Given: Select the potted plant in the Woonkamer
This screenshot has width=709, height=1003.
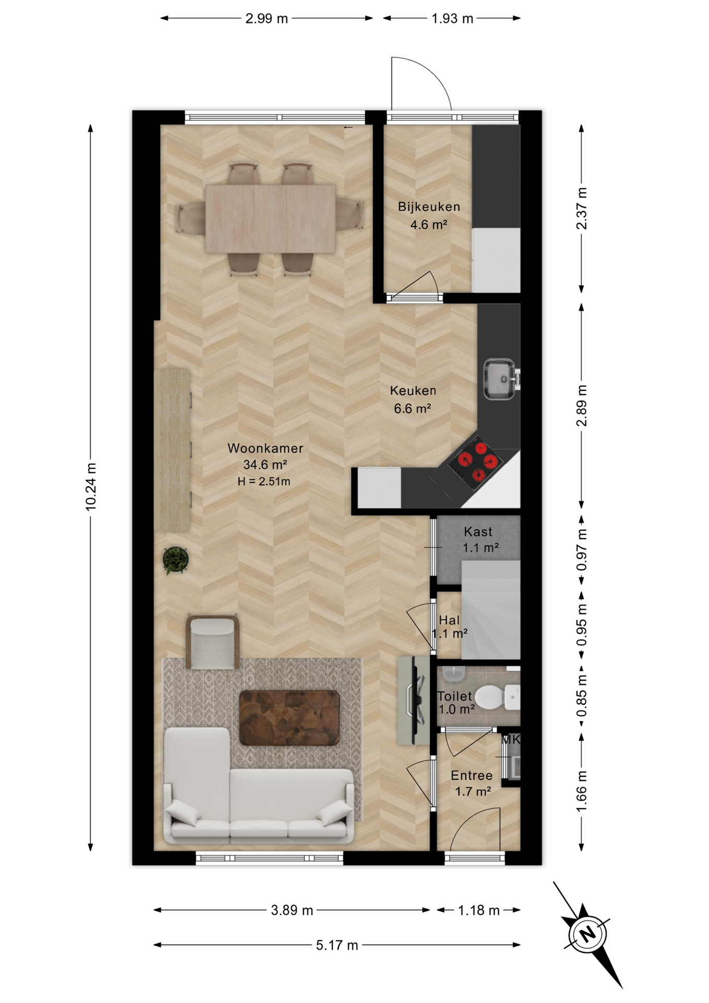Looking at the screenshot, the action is [x=175, y=560].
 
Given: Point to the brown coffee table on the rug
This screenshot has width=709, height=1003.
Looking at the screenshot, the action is [x=289, y=718].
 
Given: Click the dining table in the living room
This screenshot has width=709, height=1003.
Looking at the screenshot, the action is [x=270, y=218].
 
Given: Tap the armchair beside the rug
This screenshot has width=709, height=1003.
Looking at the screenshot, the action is [x=212, y=642].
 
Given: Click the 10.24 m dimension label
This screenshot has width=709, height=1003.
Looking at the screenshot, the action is [x=90, y=486].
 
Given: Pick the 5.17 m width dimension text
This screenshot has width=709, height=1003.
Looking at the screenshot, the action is [x=337, y=944].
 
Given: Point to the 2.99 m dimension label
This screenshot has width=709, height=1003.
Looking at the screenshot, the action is [x=266, y=19].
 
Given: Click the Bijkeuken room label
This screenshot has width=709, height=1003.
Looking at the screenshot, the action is [x=429, y=206].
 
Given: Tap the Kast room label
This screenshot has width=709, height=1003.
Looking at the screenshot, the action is [x=478, y=532].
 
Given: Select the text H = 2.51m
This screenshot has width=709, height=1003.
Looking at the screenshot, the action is [x=264, y=481].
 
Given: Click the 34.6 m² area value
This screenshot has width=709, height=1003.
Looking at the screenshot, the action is [x=265, y=464].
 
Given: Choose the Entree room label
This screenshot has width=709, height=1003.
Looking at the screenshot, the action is [x=471, y=776].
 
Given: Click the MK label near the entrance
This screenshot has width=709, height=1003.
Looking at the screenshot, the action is [x=511, y=740].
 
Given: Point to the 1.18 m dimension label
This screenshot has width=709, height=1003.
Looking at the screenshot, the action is [x=479, y=911].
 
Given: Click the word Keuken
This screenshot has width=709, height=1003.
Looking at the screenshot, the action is [x=413, y=391].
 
